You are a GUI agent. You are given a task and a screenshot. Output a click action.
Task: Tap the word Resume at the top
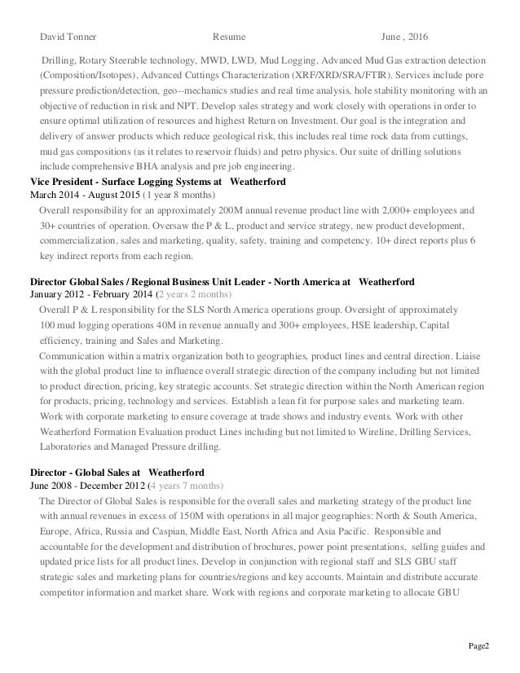pyautogui.click(x=228, y=37)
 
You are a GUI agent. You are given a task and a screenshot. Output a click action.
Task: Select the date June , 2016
pyautogui.click(x=408, y=37)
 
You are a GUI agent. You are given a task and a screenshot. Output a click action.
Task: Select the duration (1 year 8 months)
pyautogui.click(x=180, y=196)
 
